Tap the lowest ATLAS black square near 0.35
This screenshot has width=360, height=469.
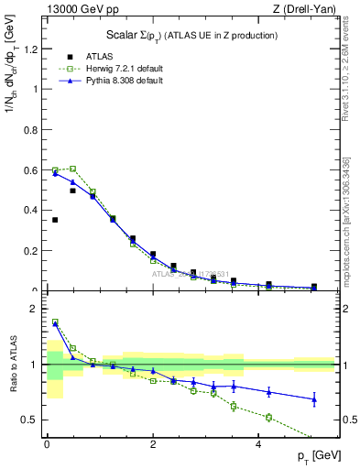point(55,220)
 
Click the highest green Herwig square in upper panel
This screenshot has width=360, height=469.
point(72,169)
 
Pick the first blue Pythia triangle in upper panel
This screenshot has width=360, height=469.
point(55,173)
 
